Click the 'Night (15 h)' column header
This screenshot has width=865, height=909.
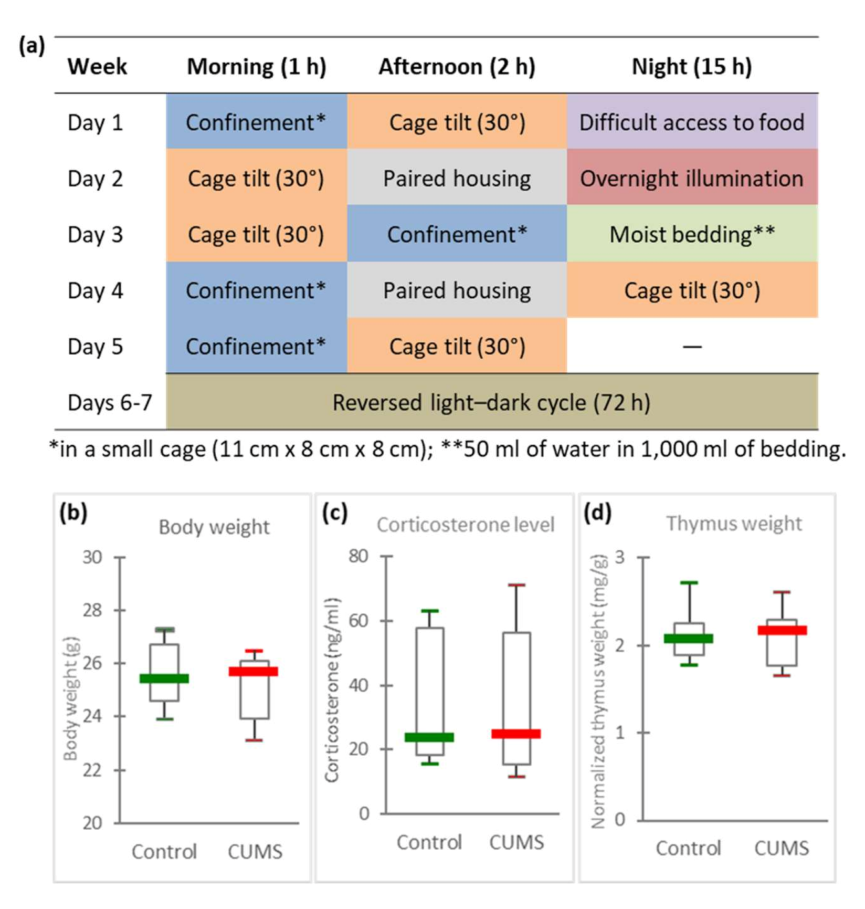691,67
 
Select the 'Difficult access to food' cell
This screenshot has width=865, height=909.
691,122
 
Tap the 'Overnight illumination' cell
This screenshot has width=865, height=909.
691,179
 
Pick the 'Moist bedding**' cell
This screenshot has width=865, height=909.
691,234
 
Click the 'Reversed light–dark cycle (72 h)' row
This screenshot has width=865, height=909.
491,403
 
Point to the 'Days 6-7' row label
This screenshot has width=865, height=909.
110,403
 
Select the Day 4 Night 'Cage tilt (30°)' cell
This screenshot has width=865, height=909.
691,290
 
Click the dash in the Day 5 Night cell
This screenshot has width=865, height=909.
692,347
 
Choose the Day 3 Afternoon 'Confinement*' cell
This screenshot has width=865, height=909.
457,234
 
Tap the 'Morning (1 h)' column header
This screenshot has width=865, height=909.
256,67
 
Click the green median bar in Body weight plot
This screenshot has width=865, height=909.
164,678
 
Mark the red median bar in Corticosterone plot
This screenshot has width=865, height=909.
516,734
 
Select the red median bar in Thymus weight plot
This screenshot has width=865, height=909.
782,630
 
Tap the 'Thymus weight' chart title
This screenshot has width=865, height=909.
734,524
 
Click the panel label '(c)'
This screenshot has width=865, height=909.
335,513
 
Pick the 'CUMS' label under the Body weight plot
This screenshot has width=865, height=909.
255,851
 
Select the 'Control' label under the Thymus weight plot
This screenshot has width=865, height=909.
688,848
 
